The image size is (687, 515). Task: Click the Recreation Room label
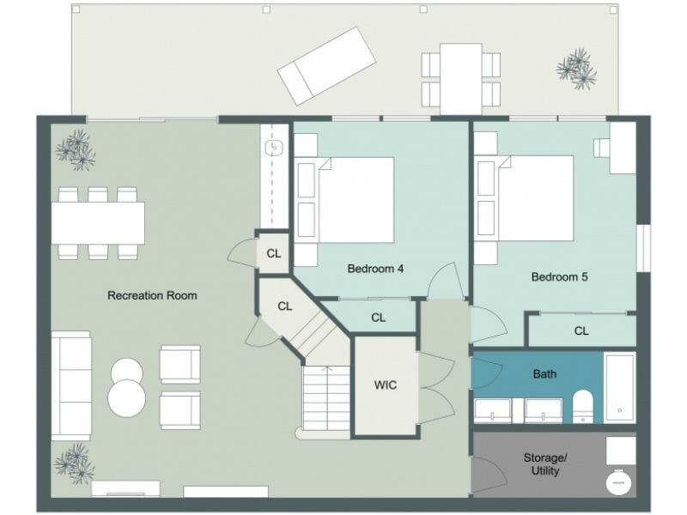point(152,295)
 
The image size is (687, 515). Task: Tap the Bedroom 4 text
point(375,269)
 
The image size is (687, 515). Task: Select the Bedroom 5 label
point(559,277)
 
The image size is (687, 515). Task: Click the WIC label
point(386,385)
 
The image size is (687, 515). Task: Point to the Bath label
point(544,374)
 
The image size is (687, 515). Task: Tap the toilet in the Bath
point(583,405)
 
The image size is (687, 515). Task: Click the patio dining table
point(461,77)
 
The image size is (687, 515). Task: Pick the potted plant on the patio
point(576,69)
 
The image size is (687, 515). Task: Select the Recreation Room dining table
point(98,223)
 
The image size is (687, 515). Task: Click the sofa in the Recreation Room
point(71,385)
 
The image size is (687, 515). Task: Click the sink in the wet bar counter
point(276,148)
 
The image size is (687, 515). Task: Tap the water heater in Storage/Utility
point(618,482)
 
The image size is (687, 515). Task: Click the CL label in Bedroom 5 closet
point(581,330)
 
